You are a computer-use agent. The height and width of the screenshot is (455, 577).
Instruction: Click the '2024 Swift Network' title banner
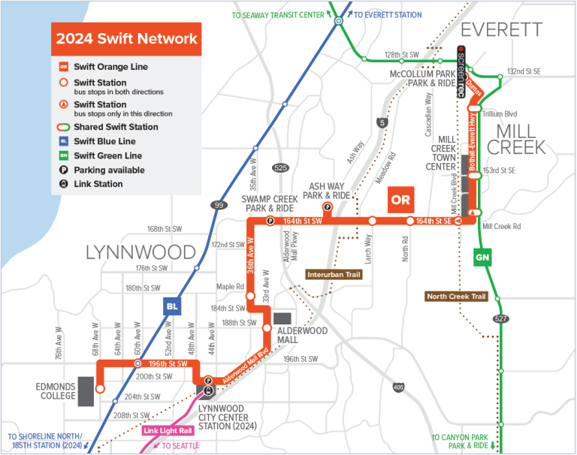tap(126, 38)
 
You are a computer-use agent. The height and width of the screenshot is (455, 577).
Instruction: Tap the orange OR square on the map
tap(400, 200)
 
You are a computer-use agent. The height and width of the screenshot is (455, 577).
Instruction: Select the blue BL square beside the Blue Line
tap(172, 306)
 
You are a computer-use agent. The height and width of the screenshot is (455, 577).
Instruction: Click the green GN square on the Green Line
tap(482, 258)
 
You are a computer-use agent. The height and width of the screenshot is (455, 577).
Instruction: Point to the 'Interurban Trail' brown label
tap(334, 275)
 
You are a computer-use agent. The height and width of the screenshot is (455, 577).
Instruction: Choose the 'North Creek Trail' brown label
tap(456, 297)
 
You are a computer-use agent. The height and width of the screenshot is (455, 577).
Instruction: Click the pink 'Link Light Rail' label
tap(167, 431)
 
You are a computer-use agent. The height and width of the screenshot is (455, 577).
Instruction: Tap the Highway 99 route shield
tap(219, 204)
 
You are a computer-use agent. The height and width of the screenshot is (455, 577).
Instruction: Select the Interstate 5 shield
tap(383, 122)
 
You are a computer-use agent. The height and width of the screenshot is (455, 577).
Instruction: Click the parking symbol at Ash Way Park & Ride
tap(327, 206)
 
